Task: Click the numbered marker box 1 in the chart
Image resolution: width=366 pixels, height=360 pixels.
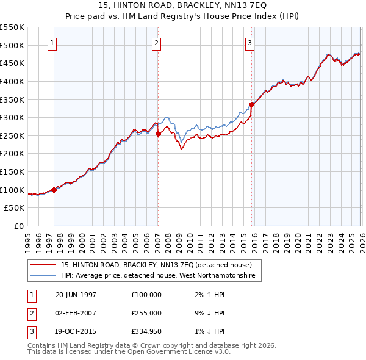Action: coord(52,43)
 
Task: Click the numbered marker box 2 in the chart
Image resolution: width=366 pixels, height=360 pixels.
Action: coord(157,43)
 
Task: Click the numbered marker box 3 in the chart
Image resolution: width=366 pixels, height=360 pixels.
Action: coord(250,43)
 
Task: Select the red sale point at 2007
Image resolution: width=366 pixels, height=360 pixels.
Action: coord(158,134)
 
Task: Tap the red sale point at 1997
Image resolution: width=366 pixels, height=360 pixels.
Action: coord(54,190)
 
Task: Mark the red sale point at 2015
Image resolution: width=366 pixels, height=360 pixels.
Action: coord(252,104)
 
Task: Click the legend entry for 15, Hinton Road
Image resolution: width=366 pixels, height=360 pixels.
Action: coord(160,265)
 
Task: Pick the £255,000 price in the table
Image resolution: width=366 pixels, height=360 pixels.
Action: coord(146,313)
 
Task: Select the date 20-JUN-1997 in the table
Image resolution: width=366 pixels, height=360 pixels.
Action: coord(76,294)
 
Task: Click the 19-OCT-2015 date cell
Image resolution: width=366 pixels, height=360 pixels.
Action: coord(76,331)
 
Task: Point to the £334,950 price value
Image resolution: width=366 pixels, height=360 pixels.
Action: coord(146,331)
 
